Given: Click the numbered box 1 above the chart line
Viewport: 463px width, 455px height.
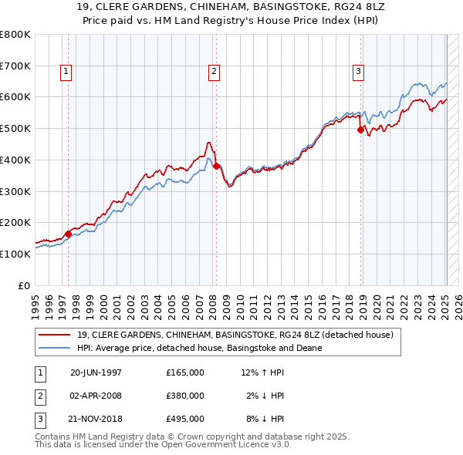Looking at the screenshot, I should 67,72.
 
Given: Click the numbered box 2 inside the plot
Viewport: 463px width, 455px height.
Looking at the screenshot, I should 213,72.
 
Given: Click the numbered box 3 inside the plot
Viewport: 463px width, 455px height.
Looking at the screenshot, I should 359,72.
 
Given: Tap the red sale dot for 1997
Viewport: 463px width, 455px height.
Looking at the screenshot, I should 68,234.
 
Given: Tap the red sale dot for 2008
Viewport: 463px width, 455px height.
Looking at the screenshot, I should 216,166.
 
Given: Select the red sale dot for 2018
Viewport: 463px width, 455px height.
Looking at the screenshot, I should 360,130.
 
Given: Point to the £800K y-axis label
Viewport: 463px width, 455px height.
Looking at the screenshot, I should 15,35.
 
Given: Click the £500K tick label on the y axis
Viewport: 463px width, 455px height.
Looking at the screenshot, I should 15,129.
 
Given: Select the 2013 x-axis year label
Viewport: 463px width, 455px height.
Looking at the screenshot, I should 282,301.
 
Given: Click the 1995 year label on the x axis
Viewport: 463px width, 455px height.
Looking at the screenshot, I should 35,301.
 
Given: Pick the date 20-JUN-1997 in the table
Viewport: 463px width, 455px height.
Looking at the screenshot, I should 96,372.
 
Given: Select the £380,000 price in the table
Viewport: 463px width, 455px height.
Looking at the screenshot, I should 185,396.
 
